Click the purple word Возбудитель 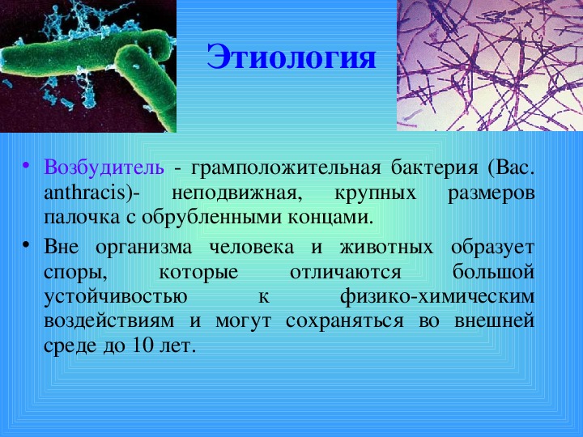click(x=104, y=168)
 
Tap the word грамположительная click(x=286, y=169)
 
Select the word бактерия click(x=434, y=168)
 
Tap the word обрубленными click(x=212, y=218)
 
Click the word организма click(x=143, y=248)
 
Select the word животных click(x=387, y=247)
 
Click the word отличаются click(x=346, y=272)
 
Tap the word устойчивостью click(x=116, y=297)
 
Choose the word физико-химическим click(x=437, y=297)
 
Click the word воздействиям click(x=109, y=321)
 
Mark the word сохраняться click(x=345, y=321)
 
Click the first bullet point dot click(x=25, y=164)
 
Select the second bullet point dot click(x=25, y=244)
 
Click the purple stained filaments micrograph click(x=490, y=66)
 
